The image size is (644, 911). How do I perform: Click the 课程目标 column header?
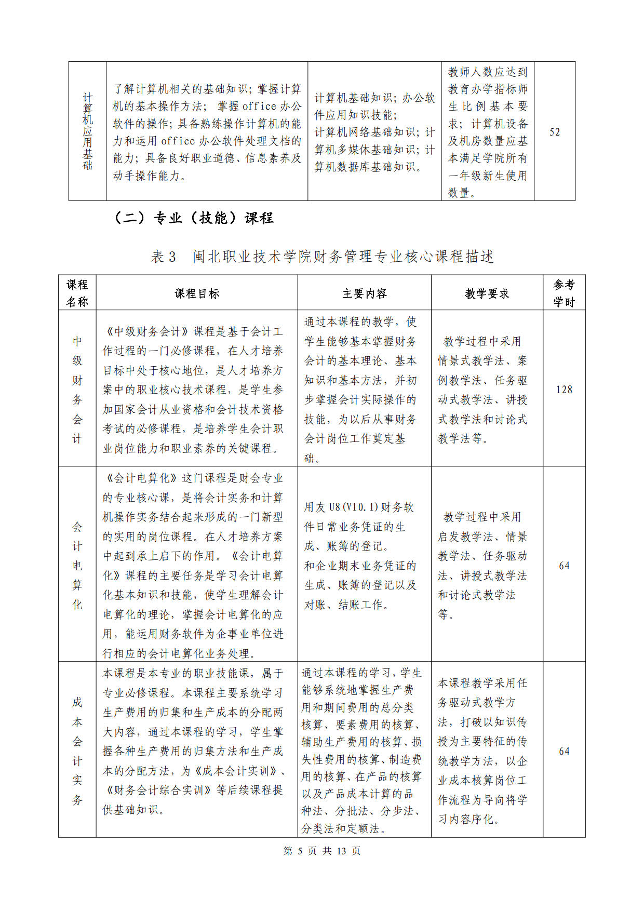pyautogui.click(x=197, y=293)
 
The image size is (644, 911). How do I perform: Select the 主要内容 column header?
pyautogui.click(x=364, y=293)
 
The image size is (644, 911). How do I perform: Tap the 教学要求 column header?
pyautogui.click(x=487, y=293)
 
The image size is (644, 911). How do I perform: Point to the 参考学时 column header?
pyautogui.click(x=564, y=293)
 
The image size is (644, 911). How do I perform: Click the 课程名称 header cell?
pyautogui.click(x=77, y=293)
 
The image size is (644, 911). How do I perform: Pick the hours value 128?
pyautogui.click(x=564, y=390)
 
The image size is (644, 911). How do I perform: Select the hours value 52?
pyautogui.click(x=555, y=132)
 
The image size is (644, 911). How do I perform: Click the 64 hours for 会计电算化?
pyautogui.click(x=564, y=566)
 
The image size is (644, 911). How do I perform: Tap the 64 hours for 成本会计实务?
pyautogui.click(x=564, y=751)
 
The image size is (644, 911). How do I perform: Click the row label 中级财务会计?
pyautogui.click(x=77, y=390)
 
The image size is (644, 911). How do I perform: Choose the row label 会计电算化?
pyautogui.click(x=77, y=566)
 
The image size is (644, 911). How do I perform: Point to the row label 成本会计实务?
pyautogui.click(x=77, y=751)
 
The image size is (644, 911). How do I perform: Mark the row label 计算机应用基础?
pyautogui.click(x=87, y=131)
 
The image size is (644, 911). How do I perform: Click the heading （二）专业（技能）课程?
pyautogui.click(x=193, y=218)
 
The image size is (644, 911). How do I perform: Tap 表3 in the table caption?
pyautogui.click(x=164, y=257)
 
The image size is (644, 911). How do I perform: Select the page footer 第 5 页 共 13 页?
pyautogui.click(x=321, y=851)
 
